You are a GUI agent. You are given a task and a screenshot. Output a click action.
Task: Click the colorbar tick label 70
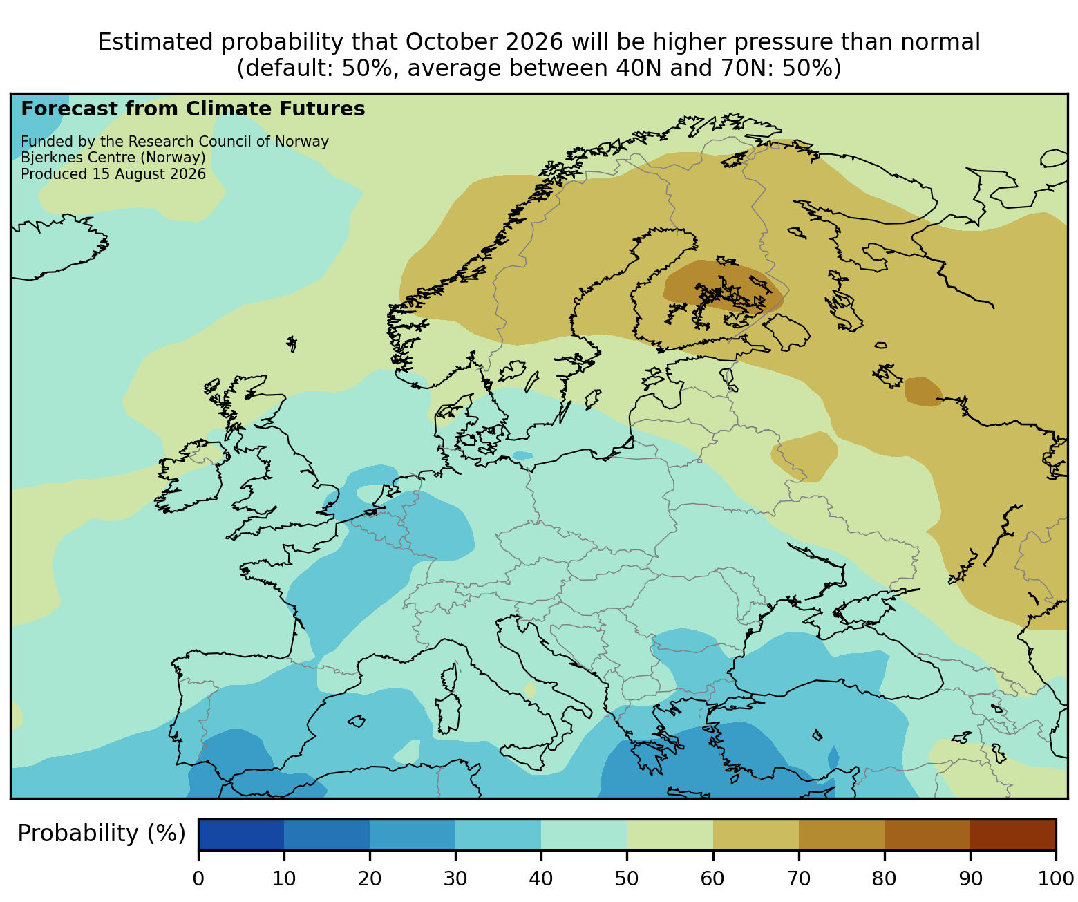[798, 878]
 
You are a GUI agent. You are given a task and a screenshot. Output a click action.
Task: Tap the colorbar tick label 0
[198, 878]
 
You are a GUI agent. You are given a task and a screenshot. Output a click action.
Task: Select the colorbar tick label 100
[1055, 878]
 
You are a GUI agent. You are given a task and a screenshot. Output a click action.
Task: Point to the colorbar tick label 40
[541, 878]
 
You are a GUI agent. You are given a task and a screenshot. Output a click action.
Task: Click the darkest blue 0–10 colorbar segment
[241, 834]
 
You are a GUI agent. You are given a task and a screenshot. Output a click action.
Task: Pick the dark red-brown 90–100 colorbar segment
[1012, 834]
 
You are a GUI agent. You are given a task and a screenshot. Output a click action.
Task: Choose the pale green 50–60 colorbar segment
[670, 834]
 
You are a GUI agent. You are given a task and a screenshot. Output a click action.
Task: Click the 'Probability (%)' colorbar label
[101, 834]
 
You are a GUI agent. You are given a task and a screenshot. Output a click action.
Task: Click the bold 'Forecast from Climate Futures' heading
[193, 109]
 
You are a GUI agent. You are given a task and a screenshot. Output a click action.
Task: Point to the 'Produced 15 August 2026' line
[113, 174]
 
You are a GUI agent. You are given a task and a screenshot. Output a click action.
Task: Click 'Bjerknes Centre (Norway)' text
[113, 158]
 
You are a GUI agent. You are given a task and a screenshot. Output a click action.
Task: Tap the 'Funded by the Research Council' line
[175, 142]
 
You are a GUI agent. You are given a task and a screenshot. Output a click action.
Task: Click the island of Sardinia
[448, 714]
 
